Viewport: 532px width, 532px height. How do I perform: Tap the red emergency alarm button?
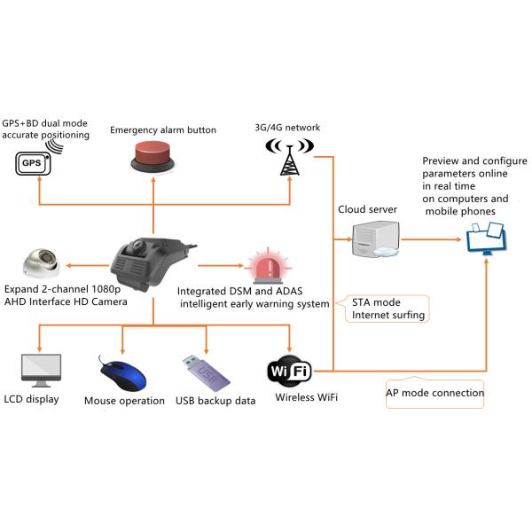pyautogui.click(x=154, y=158)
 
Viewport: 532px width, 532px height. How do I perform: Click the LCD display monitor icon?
pyautogui.click(x=40, y=371)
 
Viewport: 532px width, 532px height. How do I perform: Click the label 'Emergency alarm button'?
pyautogui.click(x=163, y=130)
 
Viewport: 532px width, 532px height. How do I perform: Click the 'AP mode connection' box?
pyautogui.click(x=435, y=393)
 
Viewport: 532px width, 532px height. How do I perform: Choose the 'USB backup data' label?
pyautogui.click(x=215, y=401)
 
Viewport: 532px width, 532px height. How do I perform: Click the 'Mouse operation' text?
pyautogui.click(x=124, y=401)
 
